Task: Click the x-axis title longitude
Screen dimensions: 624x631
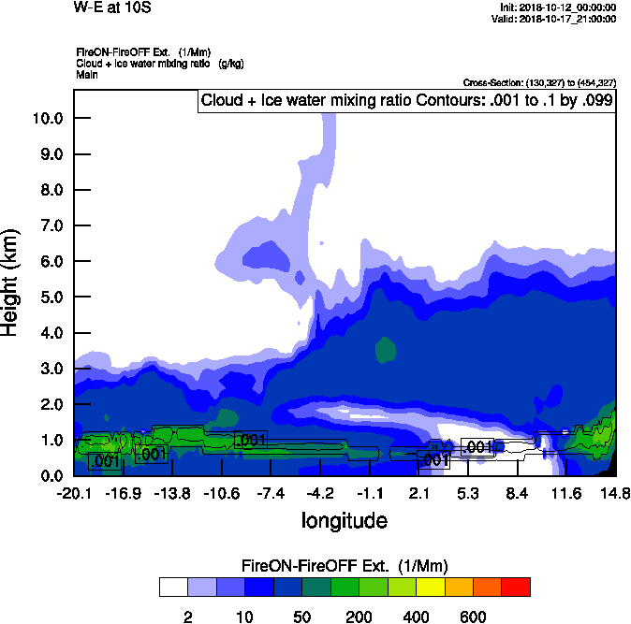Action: click(344, 519)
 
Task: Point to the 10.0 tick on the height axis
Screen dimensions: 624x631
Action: click(48, 118)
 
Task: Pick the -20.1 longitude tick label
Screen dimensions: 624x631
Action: click(74, 493)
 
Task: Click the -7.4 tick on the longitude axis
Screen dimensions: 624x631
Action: click(271, 493)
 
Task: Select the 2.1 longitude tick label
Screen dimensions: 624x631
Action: click(419, 493)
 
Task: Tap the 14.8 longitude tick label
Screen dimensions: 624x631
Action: click(615, 493)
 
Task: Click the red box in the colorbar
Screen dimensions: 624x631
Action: click(516, 587)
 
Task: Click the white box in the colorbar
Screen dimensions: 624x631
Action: click(173, 587)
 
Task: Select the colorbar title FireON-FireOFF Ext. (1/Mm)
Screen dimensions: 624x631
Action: click(345, 566)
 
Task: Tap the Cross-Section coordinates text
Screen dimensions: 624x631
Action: click(539, 82)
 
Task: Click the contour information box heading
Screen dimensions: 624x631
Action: click(407, 101)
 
